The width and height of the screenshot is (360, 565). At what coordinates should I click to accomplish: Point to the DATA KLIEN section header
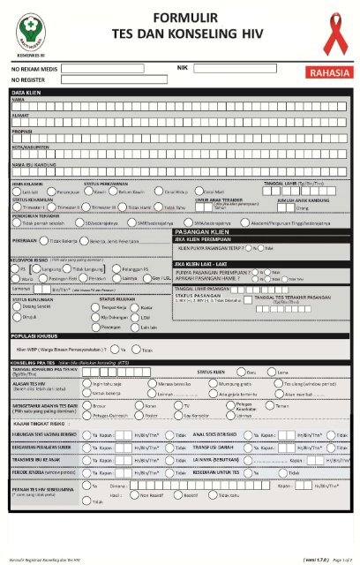tap(29, 92)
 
